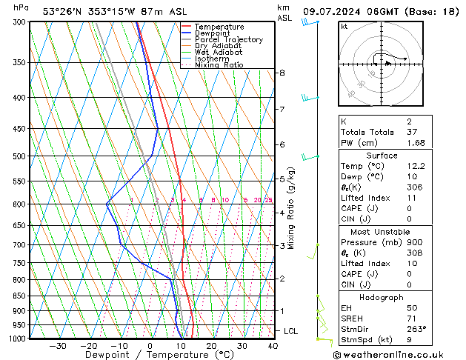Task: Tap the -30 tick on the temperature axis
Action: (58, 346)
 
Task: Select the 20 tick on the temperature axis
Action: (211, 346)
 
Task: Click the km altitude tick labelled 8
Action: (282, 73)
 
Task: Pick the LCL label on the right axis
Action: (290, 331)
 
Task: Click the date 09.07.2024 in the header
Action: (330, 11)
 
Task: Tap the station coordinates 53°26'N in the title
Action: (62, 11)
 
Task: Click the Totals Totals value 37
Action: (413, 132)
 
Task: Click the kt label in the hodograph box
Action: (344, 27)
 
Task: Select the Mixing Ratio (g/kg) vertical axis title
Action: (292, 208)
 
